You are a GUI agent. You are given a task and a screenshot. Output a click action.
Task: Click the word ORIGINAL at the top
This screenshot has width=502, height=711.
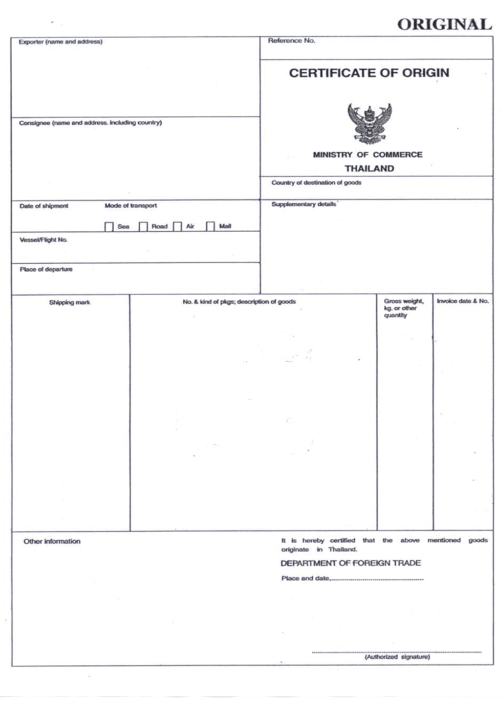[444, 24]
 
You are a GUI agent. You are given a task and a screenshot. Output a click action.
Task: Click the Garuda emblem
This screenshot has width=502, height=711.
[369, 123]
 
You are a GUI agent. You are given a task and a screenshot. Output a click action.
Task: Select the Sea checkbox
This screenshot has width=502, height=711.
[109, 226]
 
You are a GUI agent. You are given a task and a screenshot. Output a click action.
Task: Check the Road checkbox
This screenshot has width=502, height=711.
[144, 226]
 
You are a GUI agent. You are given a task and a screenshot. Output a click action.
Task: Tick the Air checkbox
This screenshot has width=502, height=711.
[177, 226]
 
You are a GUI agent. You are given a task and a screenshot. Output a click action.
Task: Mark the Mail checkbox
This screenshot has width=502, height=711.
[210, 226]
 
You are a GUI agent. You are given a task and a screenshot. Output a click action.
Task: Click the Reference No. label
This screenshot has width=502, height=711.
[292, 41]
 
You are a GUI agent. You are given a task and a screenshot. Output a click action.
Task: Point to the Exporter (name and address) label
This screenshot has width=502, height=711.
[60, 42]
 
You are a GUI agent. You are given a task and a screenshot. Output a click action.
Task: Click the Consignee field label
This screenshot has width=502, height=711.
[90, 123]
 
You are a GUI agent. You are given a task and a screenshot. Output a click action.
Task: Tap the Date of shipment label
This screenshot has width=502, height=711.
[44, 206]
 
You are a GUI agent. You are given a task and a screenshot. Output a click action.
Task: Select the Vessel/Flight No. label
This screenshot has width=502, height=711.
[44, 240]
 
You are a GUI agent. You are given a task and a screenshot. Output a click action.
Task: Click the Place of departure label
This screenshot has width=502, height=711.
[46, 270]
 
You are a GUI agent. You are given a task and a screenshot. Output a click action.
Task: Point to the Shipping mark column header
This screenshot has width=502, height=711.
[69, 302]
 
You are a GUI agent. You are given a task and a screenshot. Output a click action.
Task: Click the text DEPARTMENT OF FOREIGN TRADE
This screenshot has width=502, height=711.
[351, 563]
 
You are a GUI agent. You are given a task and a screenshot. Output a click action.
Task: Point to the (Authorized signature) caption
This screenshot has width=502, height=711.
[397, 657]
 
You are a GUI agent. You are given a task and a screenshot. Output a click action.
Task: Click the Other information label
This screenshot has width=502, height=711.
[52, 542]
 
